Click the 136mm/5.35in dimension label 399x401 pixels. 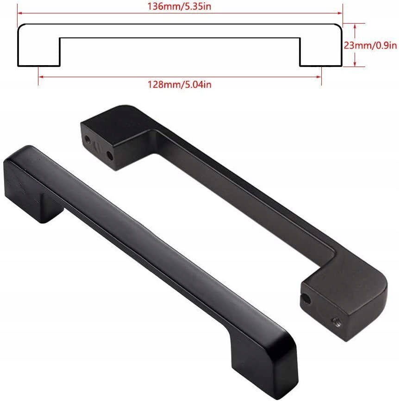click(179, 6)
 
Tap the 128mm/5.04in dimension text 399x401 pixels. click(180, 84)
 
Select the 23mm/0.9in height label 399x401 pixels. click(370, 45)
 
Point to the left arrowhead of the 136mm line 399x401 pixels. click(20, 13)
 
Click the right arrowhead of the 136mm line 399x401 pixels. click(340, 13)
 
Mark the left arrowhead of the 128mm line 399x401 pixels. click(41, 77)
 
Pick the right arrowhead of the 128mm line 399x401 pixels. click(318, 77)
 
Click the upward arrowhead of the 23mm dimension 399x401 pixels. click(355, 26)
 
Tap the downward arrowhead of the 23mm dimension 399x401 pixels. click(355, 64)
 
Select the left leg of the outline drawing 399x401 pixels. click(39, 51)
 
